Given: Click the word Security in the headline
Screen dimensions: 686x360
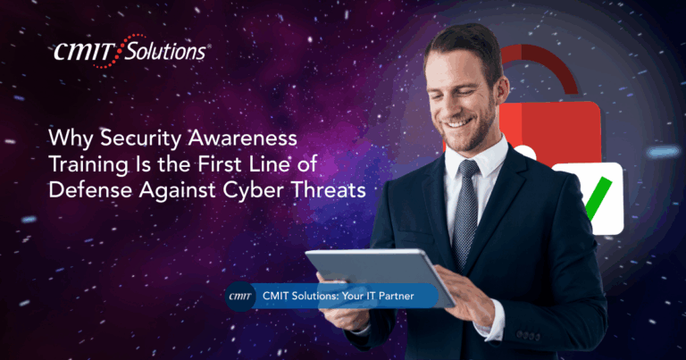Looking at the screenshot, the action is pos(141,138).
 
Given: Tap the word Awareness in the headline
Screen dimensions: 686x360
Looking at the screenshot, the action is pos(243,138).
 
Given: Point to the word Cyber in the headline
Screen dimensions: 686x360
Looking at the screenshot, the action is pos(254,190).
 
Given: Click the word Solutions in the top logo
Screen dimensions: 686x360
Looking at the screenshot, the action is pos(165,52).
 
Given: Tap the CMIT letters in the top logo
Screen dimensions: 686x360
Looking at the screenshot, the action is pos(84,52).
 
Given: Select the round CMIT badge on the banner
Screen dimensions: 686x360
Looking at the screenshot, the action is pos(240,297).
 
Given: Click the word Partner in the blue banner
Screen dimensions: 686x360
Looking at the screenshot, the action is pos(396,297).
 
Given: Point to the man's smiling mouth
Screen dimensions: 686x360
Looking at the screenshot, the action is pos(458,123).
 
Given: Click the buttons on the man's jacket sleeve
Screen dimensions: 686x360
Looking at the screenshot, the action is pos(528,336).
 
